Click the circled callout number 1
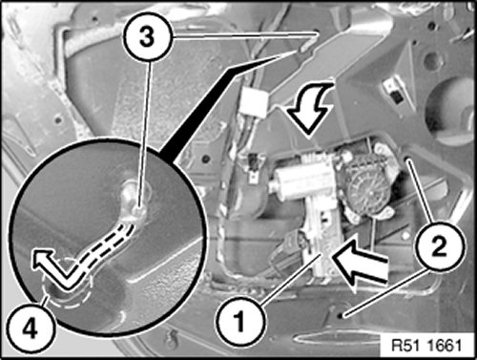pos(239,321)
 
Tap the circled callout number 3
pos(147,37)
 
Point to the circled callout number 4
pos(31,328)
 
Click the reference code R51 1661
pos(426,346)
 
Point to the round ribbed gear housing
pos(368,186)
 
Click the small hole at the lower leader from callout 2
pos(341,315)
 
